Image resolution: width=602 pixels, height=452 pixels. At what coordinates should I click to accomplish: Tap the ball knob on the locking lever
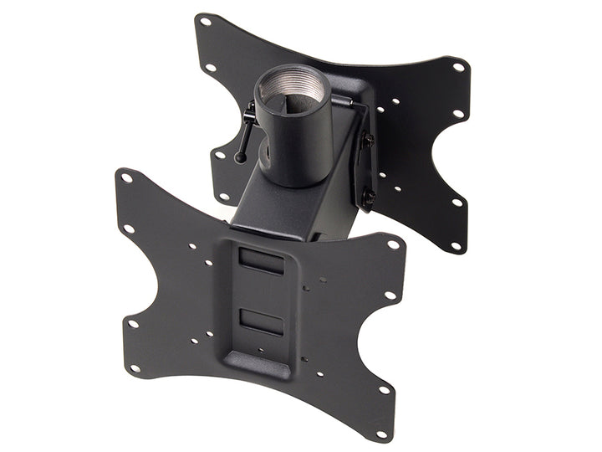coord(240,157)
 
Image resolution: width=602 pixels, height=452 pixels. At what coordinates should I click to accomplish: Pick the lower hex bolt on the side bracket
coord(368,198)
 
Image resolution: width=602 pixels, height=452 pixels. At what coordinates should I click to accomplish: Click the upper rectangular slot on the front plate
coord(260,258)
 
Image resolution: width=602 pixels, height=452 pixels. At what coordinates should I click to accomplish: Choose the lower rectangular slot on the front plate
coord(261,320)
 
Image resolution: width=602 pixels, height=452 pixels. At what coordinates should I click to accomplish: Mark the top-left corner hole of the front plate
coord(127,177)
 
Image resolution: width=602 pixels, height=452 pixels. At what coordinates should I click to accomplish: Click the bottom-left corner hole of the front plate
coord(134,367)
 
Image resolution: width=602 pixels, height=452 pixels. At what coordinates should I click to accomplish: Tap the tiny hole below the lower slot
coord(262,352)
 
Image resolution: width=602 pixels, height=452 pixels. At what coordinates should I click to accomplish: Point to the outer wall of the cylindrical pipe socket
coord(297,142)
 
